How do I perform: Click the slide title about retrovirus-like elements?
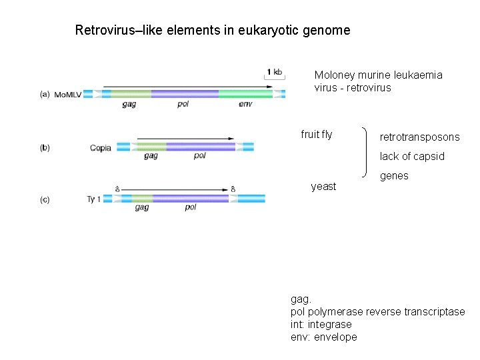[212, 30]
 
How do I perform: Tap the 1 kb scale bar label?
[274, 72]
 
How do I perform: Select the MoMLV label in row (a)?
[67, 95]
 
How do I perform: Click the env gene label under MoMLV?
[245, 105]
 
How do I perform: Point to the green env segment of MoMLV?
[245, 94]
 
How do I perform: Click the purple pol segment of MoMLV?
[185, 94]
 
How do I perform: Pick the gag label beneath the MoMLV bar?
[129, 105]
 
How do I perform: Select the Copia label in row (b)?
[101, 147]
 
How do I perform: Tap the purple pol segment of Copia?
[200, 147]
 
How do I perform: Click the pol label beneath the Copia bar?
[199, 156]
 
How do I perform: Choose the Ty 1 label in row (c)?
[94, 199]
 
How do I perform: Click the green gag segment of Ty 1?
[141, 199]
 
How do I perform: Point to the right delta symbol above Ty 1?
[233, 189]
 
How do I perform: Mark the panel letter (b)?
[45, 147]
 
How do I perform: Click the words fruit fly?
[316, 135]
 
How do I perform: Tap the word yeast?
[323, 187]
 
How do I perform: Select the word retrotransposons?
[419, 137]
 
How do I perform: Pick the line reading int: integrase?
[321, 325]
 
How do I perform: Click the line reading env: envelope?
[323, 337]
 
